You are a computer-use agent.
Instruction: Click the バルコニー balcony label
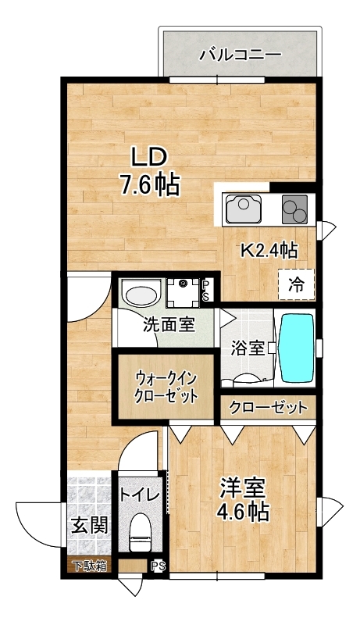point(241,55)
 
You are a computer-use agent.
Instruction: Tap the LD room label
point(148,159)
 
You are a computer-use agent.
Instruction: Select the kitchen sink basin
point(244,209)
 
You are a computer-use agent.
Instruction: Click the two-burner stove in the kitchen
point(294,209)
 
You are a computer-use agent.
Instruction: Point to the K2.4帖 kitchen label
point(269,251)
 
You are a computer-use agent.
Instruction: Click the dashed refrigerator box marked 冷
point(296,284)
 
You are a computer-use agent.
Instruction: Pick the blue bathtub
point(298,348)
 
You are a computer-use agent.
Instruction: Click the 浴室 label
point(248,348)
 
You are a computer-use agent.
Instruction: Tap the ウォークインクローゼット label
point(166,387)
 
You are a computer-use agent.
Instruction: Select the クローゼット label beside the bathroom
point(269,407)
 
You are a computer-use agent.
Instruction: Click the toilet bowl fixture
point(141,532)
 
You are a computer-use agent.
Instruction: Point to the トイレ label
point(141,495)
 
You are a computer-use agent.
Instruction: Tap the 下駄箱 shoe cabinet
point(90,566)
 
